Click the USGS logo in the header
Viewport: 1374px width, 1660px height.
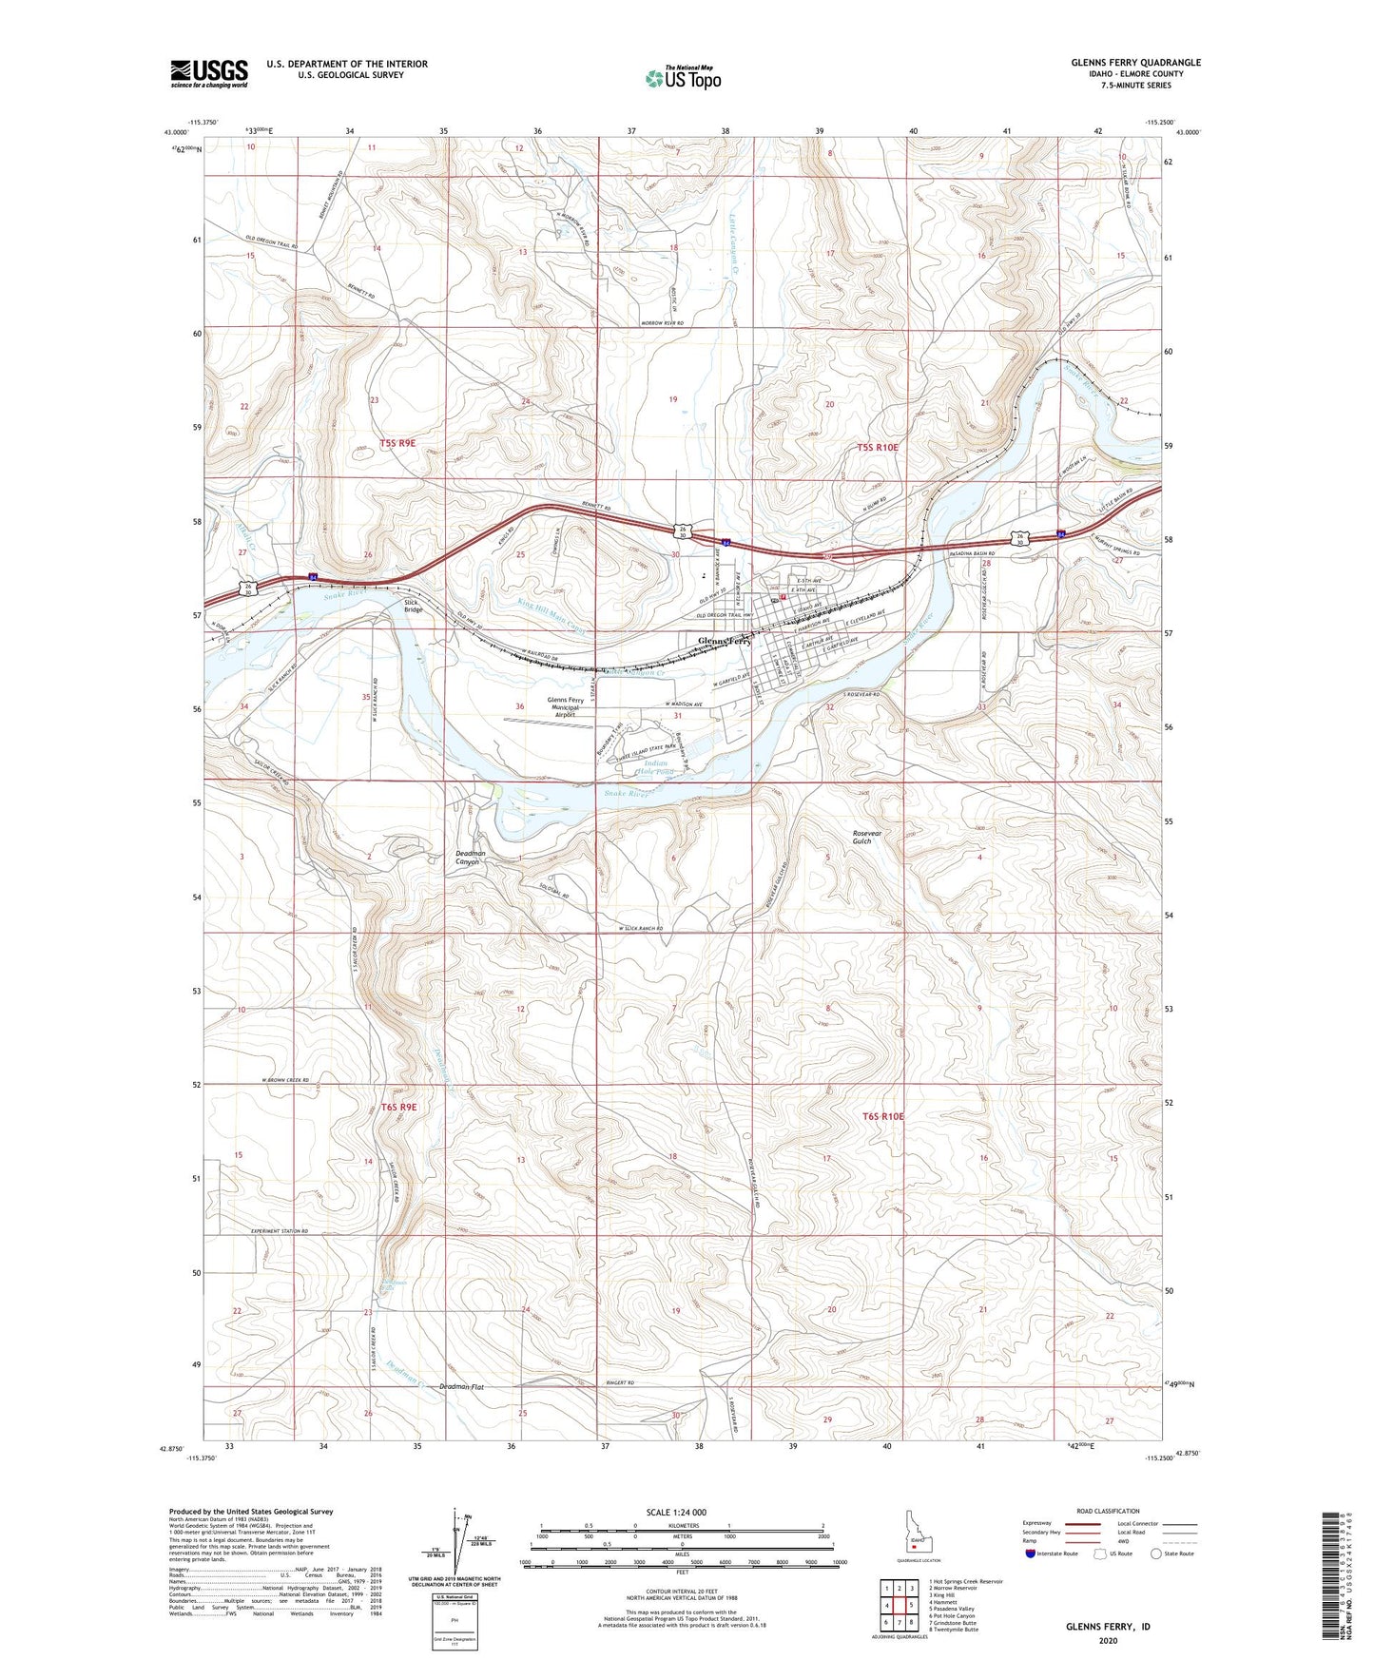click(208, 73)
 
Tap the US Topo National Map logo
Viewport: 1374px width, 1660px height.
click(683, 77)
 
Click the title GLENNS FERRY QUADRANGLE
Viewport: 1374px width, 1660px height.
click(1135, 63)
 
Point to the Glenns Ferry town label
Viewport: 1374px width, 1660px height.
click(726, 642)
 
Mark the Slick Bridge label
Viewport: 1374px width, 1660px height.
click(413, 606)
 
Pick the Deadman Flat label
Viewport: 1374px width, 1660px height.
click(462, 1387)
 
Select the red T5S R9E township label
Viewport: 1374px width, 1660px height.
click(397, 443)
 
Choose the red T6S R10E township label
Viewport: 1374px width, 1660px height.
click(882, 1116)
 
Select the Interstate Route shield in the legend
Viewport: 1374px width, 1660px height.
click(1031, 1554)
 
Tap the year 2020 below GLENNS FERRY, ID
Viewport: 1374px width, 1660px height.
click(1107, 1640)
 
